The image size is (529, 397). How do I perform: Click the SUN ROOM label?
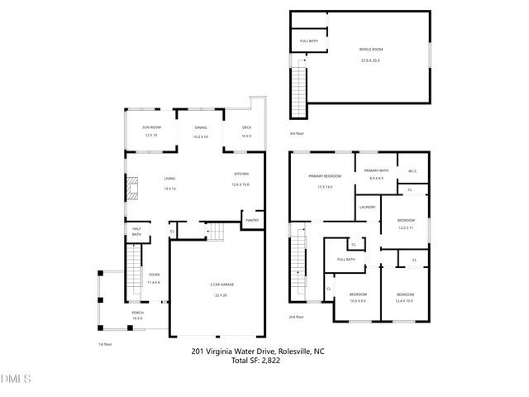(150, 127)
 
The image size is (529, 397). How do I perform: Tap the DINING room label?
(201, 127)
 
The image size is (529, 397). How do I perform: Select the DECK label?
(246, 127)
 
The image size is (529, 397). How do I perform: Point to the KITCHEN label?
(241, 174)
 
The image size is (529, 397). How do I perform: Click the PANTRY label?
(250, 220)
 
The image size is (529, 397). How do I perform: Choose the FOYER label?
(154, 275)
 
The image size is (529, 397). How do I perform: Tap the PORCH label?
(137, 312)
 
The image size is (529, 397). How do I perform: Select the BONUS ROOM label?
(371, 50)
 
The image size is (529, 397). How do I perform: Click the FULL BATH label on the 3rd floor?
(309, 41)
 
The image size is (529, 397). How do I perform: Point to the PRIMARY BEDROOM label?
(326, 176)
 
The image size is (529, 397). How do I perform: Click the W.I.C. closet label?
(412, 171)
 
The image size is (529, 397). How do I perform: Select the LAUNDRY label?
(368, 207)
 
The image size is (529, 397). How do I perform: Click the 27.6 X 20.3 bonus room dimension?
(371, 60)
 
